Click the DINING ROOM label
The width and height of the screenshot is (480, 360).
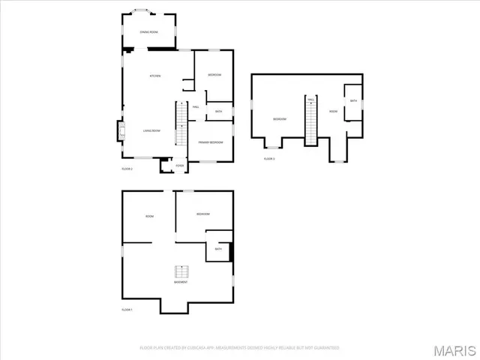(x=148, y=32)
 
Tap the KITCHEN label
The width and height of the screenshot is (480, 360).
(x=155, y=76)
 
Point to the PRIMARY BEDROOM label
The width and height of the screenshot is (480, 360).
(x=211, y=142)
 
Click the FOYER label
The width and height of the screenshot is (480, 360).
(x=179, y=166)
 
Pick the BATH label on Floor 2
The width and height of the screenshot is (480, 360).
(x=218, y=112)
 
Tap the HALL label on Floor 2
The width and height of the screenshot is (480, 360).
(x=196, y=106)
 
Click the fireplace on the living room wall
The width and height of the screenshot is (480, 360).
(x=120, y=133)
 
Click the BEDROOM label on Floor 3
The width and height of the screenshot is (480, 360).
(x=280, y=119)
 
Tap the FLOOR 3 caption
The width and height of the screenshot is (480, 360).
(x=269, y=159)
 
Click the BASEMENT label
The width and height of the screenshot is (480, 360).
(x=181, y=282)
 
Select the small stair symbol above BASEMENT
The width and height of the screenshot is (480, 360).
(x=181, y=271)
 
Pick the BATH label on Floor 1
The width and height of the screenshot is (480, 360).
(x=218, y=249)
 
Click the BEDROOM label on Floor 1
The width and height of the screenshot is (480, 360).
(x=203, y=214)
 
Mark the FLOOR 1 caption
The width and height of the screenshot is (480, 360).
(x=127, y=310)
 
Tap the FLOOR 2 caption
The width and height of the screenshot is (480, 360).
(x=127, y=169)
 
